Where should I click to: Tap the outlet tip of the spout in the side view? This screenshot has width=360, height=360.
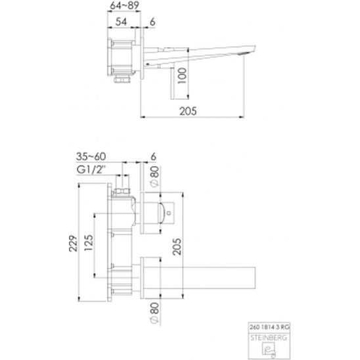coord(248,50)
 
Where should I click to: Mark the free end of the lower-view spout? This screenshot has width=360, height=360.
coord(254,275)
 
